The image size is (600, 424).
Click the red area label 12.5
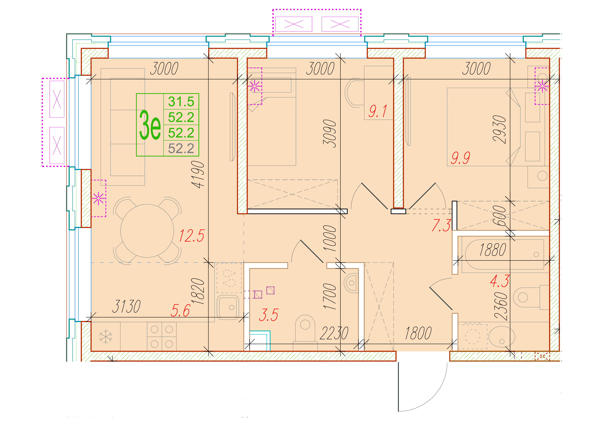(x=192, y=236)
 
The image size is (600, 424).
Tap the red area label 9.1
(x=378, y=111)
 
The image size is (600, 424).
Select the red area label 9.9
(x=460, y=158)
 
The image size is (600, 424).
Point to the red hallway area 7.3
(x=441, y=225)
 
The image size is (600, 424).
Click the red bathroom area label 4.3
(x=499, y=281)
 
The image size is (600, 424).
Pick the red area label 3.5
(x=268, y=315)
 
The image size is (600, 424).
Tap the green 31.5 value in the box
(x=181, y=102)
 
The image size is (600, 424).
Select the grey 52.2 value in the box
(x=181, y=148)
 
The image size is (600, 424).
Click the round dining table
(x=147, y=231)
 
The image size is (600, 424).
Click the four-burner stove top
(x=162, y=336)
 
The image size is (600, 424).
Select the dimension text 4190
(x=198, y=174)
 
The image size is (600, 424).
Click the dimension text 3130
(x=126, y=306)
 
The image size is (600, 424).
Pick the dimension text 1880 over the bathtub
(x=493, y=250)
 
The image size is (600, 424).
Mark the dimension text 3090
(x=329, y=134)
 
